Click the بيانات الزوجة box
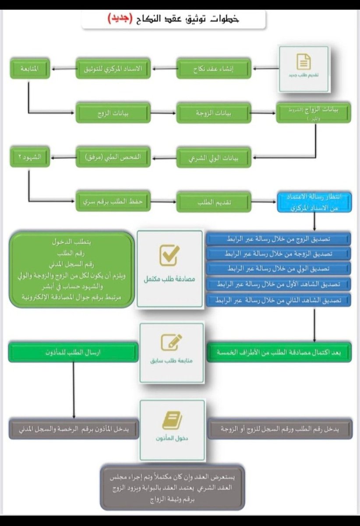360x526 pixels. (x=214, y=113)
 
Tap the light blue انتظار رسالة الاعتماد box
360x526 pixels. (x=314, y=202)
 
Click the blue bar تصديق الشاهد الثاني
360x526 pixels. (x=279, y=300)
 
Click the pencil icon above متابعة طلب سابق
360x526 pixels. (x=171, y=342)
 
